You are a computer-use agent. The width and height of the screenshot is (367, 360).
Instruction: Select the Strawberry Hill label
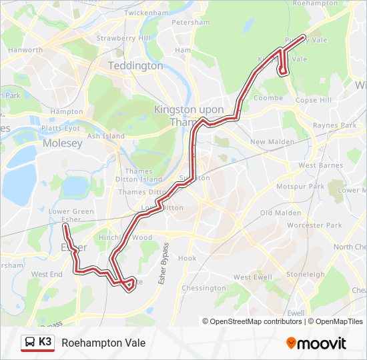point(123,38)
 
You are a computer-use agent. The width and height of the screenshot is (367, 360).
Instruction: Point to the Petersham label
point(191,23)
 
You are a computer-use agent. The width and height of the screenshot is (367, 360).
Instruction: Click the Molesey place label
point(62,143)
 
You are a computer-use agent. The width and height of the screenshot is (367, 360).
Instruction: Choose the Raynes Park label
point(335,125)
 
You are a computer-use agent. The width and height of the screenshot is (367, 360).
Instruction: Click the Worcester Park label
point(314,225)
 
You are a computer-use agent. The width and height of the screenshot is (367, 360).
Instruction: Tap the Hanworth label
point(25,50)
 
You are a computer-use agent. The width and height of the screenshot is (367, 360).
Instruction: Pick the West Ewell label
point(252,277)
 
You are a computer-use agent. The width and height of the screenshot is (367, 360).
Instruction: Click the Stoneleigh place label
point(305,274)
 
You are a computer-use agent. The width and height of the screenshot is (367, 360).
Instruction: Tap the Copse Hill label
point(314,100)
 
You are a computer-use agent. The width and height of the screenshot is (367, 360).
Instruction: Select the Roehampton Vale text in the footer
point(103,343)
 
